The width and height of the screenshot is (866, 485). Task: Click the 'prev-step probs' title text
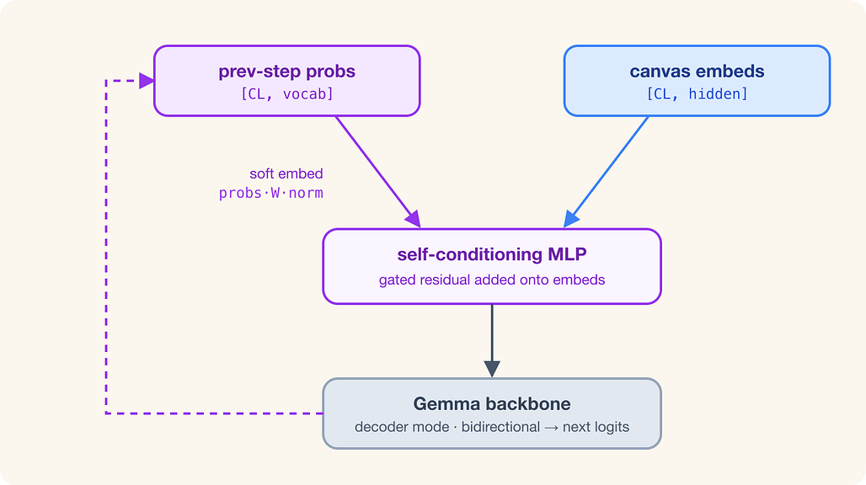point(286,72)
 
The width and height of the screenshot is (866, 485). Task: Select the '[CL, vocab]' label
point(286,93)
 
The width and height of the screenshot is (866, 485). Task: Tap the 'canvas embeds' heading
point(697,72)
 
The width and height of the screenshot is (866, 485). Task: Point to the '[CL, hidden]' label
point(697,93)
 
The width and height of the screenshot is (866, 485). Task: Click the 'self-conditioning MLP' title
point(491,254)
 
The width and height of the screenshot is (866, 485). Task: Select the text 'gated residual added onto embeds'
point(491,280)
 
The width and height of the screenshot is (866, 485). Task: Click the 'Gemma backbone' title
point(491,404)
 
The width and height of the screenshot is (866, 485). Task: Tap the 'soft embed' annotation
point(286,173)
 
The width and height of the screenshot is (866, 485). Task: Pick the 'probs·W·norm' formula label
point(270,193)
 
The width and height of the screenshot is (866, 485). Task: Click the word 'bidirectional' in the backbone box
point(500,427)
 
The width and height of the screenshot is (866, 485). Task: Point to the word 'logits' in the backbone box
point(612,428)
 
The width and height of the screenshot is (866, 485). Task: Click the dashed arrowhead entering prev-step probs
point(147,81)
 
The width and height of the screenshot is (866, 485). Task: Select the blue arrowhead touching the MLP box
point(570,220)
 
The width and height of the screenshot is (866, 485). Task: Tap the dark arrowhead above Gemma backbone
point(492,369)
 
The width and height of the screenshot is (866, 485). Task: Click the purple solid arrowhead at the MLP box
point(413,219)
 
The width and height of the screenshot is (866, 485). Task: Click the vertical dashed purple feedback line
point(106,247)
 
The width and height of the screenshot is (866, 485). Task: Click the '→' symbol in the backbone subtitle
point(551,428)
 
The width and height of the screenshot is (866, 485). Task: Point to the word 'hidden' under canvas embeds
point(718,93)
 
